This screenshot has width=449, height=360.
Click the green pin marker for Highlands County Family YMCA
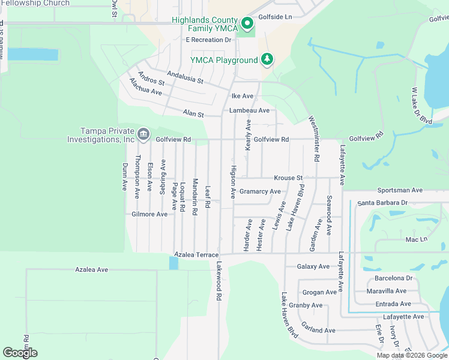click(x=247, y=25)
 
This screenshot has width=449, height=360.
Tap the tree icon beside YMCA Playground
click(x=267, y=59)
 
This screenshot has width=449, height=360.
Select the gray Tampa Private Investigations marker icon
click(x=143, y=134)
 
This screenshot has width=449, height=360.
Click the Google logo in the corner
click(x=20, y=353)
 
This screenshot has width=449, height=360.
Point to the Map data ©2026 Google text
click(x=412, y=355)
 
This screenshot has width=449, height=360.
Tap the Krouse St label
click(x=288, y=178)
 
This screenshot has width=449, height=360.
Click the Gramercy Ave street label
click(x=260, y=191)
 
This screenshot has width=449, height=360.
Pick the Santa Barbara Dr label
click(x=382, y=203)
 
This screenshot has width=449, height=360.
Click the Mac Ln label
click(x=416, y=239)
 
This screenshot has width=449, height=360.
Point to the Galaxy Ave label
click(x=313, y=266)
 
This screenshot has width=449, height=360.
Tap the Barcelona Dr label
click(x=393, y=278)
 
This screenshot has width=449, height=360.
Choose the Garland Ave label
click(x=318, y=331)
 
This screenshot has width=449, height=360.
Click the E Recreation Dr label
click(x=208, y=40)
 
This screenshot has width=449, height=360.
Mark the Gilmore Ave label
click(x=149, y=214)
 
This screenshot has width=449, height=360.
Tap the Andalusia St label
click(x=185, y=77)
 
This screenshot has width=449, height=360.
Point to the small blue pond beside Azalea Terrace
click(x=173, y=263)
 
